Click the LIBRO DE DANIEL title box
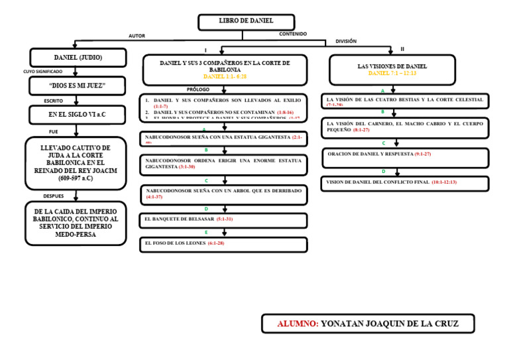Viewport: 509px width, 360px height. click(x=246, y=22)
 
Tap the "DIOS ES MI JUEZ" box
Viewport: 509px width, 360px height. click(x=77, y=86)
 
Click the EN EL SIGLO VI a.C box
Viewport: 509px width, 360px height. click(x=77, y=115)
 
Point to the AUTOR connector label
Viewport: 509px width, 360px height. click(x=137, y=36)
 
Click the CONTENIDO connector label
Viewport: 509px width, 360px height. click(x=292, y=34)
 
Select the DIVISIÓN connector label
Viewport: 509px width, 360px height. click(x=346, y=41)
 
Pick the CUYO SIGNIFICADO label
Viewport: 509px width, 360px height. click(x=43, y=72)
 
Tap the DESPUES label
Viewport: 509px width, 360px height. click(x=53, y=196)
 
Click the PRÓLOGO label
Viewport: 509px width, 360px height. click(x=198, y=89)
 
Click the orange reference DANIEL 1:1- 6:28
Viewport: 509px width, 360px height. click(x=225, y=77)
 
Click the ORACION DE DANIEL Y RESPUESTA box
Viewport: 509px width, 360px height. click(x=406, y=157)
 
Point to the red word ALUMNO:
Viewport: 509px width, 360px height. click(x=298, y=324)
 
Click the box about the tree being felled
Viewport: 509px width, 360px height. click(x=224, y=194)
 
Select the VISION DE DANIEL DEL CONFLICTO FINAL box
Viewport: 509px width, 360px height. click(x=406, y=182)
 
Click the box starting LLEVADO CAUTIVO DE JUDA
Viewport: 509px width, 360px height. click(x=75, y=163)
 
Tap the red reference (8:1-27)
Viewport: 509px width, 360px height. click(x=362, y=130)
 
